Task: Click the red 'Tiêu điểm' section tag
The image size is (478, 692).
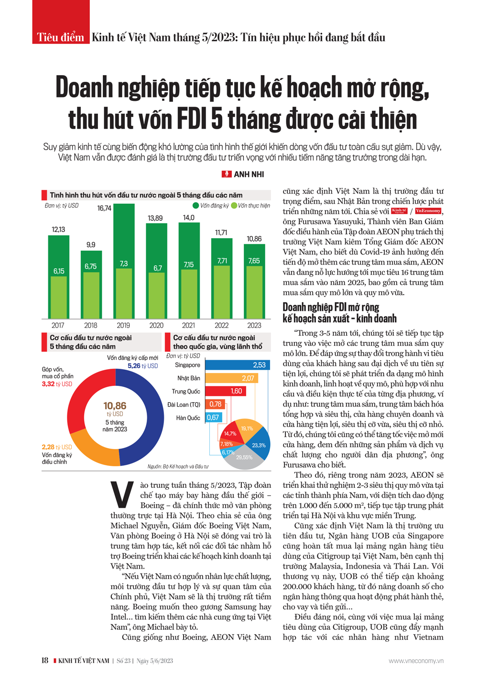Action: [61, 37]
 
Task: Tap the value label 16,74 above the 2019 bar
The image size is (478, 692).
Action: [104, 208]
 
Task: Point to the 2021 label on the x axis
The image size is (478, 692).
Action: [189, 325]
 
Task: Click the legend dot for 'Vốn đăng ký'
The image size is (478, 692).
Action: [196, 206]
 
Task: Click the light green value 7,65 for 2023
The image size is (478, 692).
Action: [254, 261]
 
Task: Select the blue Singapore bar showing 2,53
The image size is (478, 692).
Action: [237, 365]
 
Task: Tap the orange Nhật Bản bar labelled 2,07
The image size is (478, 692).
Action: [231, 378]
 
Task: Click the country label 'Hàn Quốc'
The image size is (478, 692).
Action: [188, 418]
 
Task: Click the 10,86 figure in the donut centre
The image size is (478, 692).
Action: [115, 406]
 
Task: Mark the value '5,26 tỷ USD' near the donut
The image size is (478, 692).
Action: [142, 366]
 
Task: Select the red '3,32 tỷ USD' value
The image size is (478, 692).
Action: [57, 384]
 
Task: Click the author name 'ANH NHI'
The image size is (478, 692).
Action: [249, 175]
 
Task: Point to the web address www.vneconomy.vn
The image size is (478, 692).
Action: [416, 661]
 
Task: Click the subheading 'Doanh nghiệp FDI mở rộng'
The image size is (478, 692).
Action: [331, 307]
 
